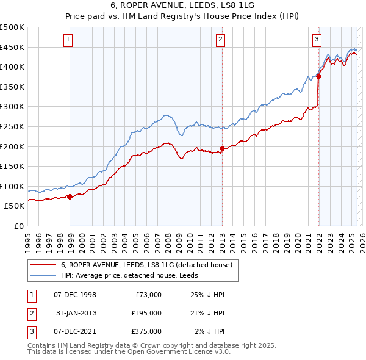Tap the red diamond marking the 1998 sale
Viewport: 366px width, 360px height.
70,196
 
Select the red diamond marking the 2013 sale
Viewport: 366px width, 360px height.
221,148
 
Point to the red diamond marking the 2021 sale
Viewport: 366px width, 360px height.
318,76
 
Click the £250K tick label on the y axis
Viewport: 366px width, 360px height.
12,126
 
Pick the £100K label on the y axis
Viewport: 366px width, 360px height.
12,186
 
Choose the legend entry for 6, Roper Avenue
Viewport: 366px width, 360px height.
146,265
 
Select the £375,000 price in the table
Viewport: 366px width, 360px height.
146,331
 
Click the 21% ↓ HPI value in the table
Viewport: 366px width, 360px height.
209,313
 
